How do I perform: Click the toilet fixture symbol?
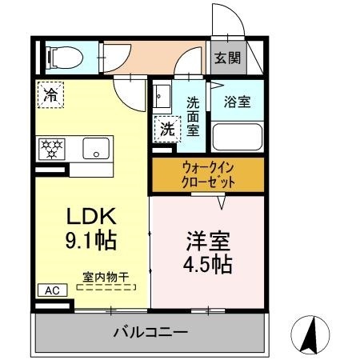[x=65, y=58]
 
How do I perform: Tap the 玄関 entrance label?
[x=227, y=58]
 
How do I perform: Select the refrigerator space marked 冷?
[x=50, y=95]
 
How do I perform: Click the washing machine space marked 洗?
[x=167, y=129]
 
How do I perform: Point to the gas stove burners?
[x=52, y=149]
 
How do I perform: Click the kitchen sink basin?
[x=96, y=148]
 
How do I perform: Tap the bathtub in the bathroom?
[x=237, y=137]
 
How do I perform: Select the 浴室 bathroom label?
[x=237, y=102]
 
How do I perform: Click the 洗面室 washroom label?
[x=193, y=117]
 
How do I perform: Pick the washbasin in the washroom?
[x=162, y=96]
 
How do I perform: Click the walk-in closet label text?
[x=208, y=175]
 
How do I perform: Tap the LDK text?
[x=91, y=216]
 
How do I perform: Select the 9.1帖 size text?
[x=91, y=240]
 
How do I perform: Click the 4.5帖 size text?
[x=207, y=264]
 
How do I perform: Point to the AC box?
[x=52, y=290]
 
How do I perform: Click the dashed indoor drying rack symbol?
[x=106, y=287]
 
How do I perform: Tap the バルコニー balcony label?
[x=150, y=332]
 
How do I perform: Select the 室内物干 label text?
[x=106, y=278]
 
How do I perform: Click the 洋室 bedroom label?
[x=208, y=241]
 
